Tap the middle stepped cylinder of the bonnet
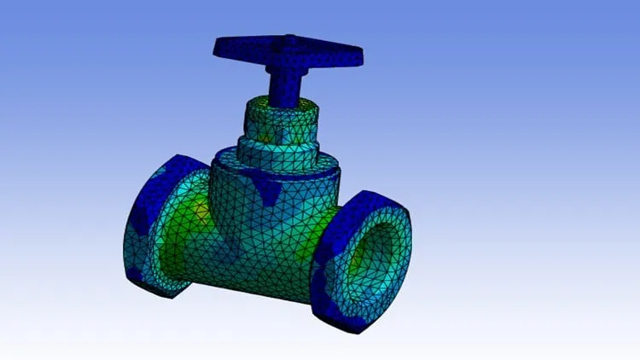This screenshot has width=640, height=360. [x=277, y=149]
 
